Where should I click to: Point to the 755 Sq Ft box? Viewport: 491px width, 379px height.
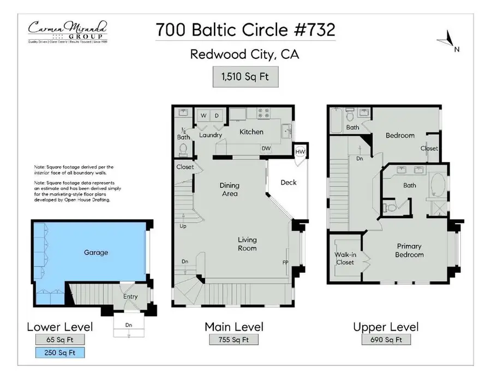coord(233,340)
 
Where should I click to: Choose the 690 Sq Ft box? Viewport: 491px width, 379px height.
coord(386,340)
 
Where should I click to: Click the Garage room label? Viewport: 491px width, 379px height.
coord(95,252)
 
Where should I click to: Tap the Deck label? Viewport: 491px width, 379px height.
coord(289,182)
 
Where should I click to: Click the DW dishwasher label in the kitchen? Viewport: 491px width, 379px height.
coord(266,148)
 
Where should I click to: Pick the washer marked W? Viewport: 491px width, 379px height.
coord(203,116)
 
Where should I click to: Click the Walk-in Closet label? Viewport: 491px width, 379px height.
coord(345,258)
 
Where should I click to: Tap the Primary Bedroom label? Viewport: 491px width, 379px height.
coord(409,250)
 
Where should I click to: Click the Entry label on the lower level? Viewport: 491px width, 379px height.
coord(130,297)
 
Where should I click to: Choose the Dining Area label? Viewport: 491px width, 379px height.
coord(230,189)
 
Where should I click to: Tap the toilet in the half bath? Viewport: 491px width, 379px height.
coord(184,148)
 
